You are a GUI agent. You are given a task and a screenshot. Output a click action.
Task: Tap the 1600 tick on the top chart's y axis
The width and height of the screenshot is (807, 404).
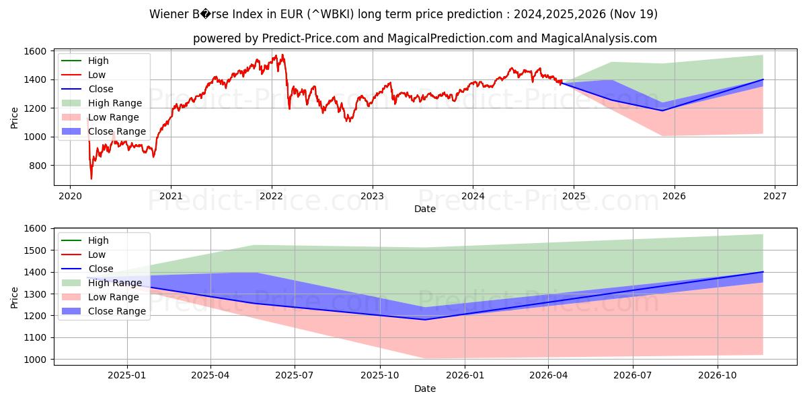pyautogui.click(x=34, y=51)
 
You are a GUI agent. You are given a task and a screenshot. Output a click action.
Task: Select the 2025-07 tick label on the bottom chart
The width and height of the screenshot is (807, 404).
pyautogui.click(x=295, y=374)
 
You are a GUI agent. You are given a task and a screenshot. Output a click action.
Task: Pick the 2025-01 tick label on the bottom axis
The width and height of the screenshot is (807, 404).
pyautogui.click(x=126, y=374)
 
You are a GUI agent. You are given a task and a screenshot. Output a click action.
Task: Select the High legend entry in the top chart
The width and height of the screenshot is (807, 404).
pyautogui.click(x=98, y=61)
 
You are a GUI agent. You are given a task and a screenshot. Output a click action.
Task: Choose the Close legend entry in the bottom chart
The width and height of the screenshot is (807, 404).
pyautogui.click(x=101, y=269)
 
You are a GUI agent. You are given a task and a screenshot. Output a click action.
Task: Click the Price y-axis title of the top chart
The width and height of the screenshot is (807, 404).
pyautogui.click(x=15, y=118)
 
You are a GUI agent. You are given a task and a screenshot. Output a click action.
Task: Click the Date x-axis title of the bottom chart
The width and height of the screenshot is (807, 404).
pyautogui.click(x=424, y=389)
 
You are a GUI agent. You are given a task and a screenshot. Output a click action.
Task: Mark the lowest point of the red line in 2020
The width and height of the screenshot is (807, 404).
pyautogui.click(x=91, y=178)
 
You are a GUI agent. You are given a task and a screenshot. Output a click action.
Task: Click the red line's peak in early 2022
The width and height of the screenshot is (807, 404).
pyautogui.click(x=282, y=55)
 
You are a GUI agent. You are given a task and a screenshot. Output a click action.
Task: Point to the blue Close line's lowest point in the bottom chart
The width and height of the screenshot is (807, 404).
pyautogui.click(x=424, y=319)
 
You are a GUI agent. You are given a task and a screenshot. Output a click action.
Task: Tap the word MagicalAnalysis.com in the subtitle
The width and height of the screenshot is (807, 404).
pyautogui.click(x=603, y=38)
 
